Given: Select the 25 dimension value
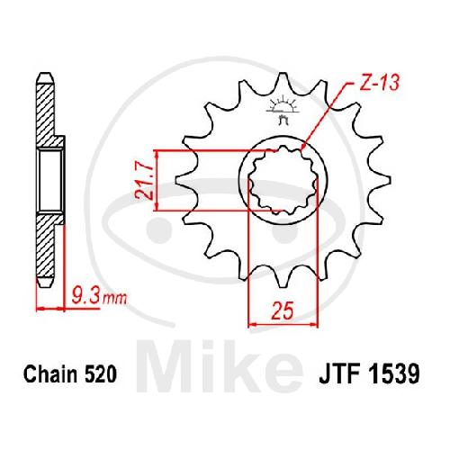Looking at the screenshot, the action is coord(282,310).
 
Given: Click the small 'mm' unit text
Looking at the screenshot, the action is coord(114,299).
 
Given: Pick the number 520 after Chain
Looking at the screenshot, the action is coord(101,373).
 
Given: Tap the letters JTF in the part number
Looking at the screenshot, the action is coord(340,373).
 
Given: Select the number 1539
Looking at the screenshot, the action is coord(393,373).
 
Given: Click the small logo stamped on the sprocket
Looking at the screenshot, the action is coord(282,110).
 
